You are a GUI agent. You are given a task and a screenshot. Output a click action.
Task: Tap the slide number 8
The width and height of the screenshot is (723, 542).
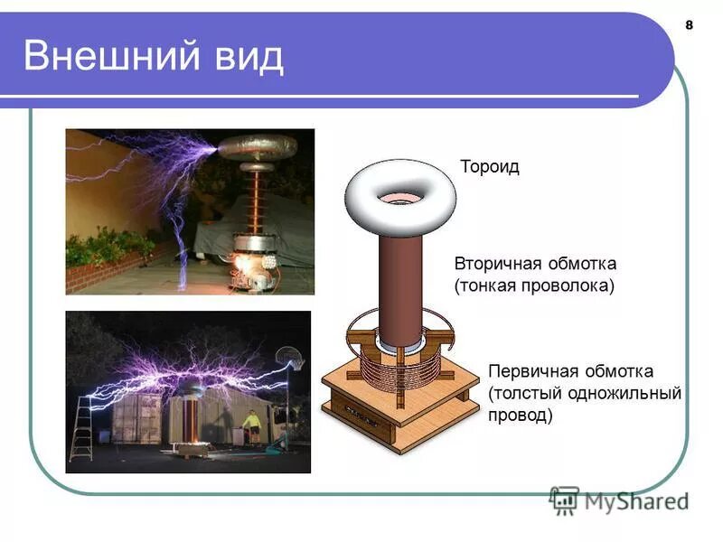689,24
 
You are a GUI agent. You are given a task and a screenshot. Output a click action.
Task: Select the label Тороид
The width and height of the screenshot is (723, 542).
490,168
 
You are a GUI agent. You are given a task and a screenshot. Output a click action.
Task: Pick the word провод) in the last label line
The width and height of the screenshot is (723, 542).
520,416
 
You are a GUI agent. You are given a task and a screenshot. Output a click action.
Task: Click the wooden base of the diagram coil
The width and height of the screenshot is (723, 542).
398,416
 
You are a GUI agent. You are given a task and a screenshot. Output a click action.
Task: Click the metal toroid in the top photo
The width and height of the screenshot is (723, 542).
258,146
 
